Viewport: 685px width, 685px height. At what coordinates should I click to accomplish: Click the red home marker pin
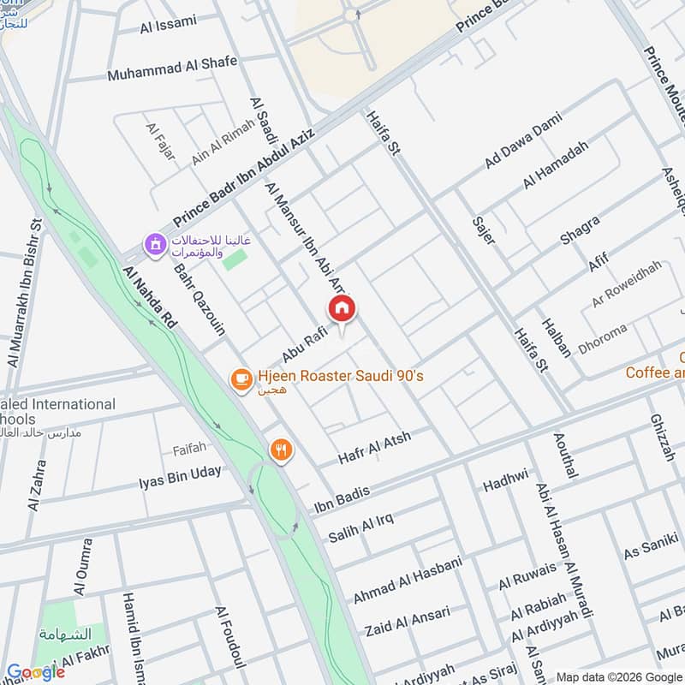click(x=342, y=308)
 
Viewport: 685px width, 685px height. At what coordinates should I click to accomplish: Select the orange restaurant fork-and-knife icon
click(x=280, y=450)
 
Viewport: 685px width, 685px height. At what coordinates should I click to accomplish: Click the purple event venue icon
click(x=154, y=247)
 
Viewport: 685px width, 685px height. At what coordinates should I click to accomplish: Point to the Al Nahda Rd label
click(x=150, y=297)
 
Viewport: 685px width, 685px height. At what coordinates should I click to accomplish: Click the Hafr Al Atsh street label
click(x=374, y=449)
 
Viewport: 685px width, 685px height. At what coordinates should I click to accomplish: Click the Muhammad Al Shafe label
click(x=172, y=68)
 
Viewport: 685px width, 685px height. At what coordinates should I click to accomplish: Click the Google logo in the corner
click(x=35, y=672)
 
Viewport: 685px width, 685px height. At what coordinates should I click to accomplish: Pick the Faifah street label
click(x=189, y=448)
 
